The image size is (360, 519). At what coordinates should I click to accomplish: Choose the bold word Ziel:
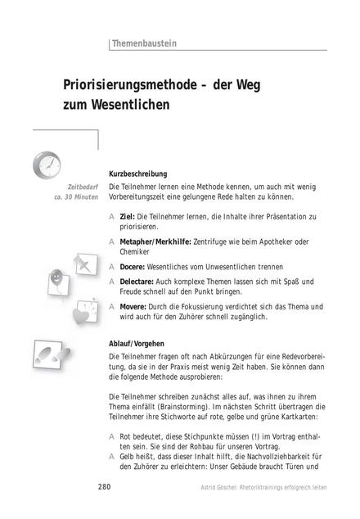[x=127, y=215]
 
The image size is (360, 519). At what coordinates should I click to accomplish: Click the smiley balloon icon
[x=56, y=279]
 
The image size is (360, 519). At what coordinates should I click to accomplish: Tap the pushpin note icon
[x=82, y=266]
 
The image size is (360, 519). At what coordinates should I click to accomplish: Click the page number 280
[x=104, y=487]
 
